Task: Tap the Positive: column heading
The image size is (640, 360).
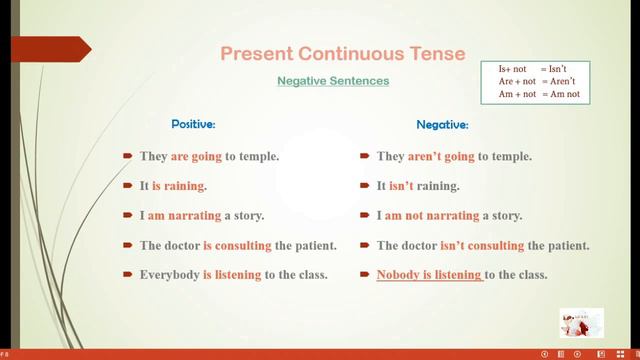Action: point(193,125)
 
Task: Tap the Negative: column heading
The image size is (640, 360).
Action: point(442,125)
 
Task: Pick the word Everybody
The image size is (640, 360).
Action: point(169,274)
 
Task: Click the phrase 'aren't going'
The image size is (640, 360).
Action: point(441,157)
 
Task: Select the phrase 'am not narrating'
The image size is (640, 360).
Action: point(444,215)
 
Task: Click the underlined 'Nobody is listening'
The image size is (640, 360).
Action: point(429,274)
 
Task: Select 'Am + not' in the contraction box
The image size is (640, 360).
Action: point(516,94)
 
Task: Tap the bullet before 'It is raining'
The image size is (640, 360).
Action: point(128,186)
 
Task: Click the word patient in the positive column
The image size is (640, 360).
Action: point(314,245)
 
